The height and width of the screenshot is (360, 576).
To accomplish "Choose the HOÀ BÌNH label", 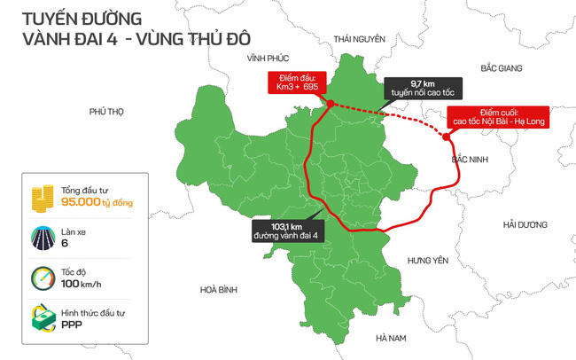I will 219,290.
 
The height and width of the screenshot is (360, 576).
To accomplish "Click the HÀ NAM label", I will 390,338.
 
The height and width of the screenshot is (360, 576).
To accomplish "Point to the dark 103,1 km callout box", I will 289,231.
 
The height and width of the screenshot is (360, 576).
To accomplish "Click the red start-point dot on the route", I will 331,104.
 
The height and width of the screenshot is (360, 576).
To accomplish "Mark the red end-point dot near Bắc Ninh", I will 444,137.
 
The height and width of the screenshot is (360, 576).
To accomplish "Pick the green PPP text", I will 72,325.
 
